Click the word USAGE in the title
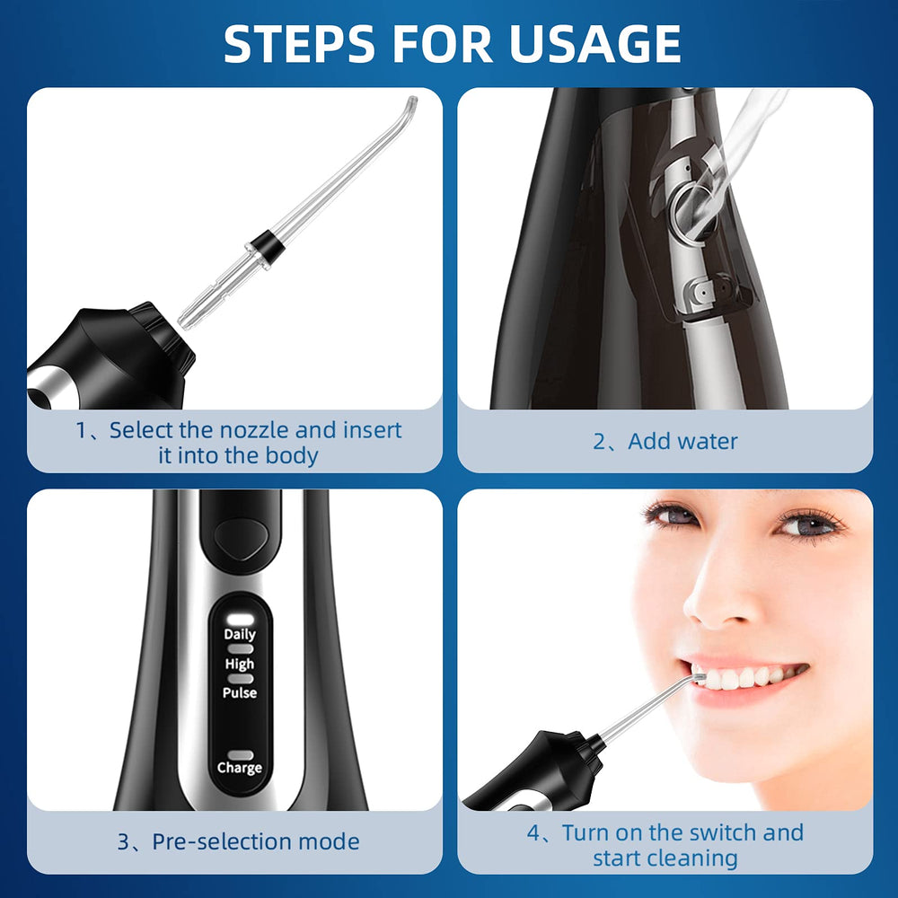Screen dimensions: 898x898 click(x=594, y=44)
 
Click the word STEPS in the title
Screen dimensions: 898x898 click(x=299, y=44)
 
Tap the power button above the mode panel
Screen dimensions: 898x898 click(x=241, y=538)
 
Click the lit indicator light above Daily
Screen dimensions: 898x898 click(x=241, y=619)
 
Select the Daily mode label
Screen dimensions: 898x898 click(x=240, y=634)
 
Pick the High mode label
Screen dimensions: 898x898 click(x=240, y=664)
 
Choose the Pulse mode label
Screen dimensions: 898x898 click(x=240, y=693)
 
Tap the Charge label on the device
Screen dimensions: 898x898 click(x=240, y=768)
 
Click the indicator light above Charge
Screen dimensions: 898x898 click(x=241, y=755)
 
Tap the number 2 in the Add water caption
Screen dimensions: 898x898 click(x=599, y=442)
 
